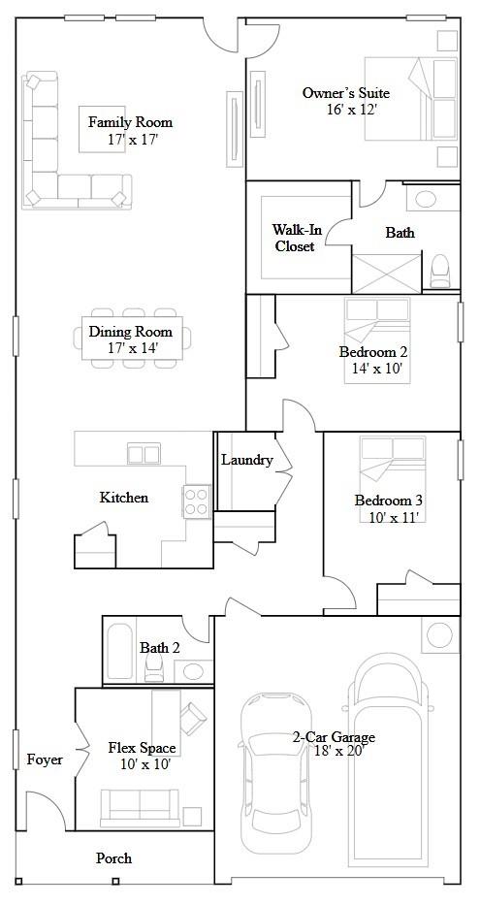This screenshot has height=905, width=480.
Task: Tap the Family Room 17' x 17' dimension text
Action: [x=132, y=140]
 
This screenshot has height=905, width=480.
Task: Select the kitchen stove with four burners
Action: [x=197, y=501]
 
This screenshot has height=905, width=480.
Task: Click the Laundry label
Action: [x=246, y=460]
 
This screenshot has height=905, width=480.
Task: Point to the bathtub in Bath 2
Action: [x=120, y=652]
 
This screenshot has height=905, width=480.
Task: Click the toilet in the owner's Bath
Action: [x=440, y=269]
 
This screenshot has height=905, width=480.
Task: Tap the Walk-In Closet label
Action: [x=295, y=238]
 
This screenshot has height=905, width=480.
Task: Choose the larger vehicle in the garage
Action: [x=387, y=757]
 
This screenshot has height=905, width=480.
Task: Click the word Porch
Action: [x=113, y=858]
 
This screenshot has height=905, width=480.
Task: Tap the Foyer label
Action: [x=44, y=760]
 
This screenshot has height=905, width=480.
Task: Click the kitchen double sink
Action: [x=144, y=453]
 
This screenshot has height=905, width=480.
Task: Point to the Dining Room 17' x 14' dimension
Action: [x=132, y=347]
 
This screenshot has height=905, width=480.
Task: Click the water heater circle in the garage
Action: [x=439, y=635]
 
